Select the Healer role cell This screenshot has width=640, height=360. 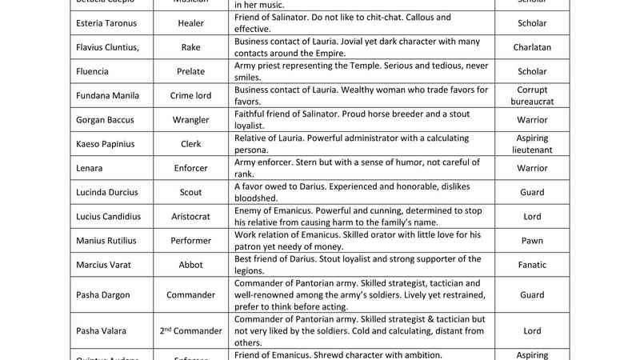click(190, 23)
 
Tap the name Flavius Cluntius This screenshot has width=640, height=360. click(107, 47)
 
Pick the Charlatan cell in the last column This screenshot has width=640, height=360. click(532, 47)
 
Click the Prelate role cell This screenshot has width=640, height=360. click(190, 71)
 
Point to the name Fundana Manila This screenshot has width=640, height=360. click(108, 96)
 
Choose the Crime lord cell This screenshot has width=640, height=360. click(190, 96)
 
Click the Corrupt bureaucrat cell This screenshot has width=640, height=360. click(532, 96)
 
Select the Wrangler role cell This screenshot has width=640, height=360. click(190, 120)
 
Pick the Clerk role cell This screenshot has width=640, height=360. click(190, 144)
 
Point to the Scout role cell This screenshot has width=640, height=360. click(190, 192)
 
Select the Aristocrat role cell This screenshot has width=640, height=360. click(190, 216)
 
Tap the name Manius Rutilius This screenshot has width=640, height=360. click(106, 240)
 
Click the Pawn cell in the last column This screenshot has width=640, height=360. click(532, 240)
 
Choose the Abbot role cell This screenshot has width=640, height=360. click(190, 265)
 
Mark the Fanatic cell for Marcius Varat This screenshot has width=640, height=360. click(532, 265)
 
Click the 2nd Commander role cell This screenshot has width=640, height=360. click(190, 330)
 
